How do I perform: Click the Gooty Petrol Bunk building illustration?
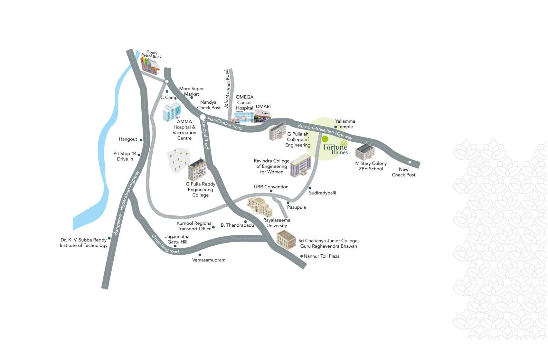click(150, 66)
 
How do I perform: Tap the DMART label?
click(264, 107)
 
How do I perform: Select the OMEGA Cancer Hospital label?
click(244, 102)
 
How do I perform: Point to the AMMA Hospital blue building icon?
click(172, 112)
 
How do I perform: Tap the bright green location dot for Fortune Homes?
click(325, 139)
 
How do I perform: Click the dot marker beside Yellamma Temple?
click(335, 127)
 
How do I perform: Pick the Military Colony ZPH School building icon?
click(365, 151)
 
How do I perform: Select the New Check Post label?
click(403, 172)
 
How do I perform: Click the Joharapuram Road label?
click(227, 89)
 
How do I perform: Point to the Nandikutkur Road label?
click(225, 123)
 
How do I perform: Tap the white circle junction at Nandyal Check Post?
click(203, 117)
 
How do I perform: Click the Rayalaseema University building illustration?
click(260, 207)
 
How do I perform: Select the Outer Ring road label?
click(165, 244)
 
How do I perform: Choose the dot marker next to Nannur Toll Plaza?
click(302, 256)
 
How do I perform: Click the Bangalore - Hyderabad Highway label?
click(126, 203)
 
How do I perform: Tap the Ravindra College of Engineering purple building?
click(301, 165)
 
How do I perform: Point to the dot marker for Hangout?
click(141, 140)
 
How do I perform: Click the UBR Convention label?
click(271, 187)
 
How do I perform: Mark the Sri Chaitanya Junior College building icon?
click(286, 240)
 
